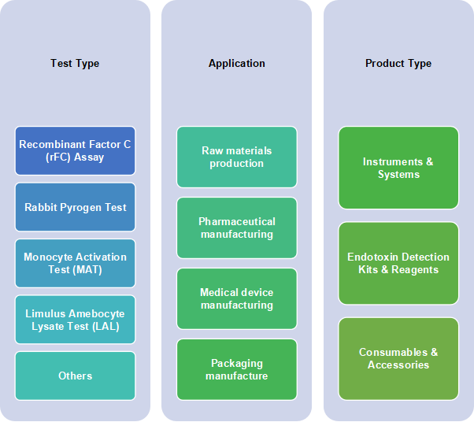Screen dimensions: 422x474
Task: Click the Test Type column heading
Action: coord(75,64)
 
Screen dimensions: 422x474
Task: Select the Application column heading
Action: coord(236,64)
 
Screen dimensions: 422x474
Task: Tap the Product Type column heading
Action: coord(398,64)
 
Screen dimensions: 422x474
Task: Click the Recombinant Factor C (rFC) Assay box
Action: coord(75,150)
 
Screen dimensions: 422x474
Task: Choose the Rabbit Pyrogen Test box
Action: coord(75,207)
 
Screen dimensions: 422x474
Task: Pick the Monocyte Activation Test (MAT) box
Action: coord(75,263)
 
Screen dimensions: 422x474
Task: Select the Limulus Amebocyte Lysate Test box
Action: coord(75,320)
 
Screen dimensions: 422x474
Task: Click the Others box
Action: coord(75,376)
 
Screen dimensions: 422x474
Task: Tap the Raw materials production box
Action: coord(236,157)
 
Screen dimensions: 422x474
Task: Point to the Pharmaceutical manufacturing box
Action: coord(236,228)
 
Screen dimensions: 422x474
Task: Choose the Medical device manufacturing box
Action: coord(236,298)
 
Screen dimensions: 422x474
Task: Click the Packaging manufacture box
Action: coord(236,369)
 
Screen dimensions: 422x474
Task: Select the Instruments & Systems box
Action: coord(398,168)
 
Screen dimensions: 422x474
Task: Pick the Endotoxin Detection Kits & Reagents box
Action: coord(398,263)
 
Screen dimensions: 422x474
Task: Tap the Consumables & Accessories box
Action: coord(398,358)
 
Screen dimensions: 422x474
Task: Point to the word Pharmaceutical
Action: coord(236,222)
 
